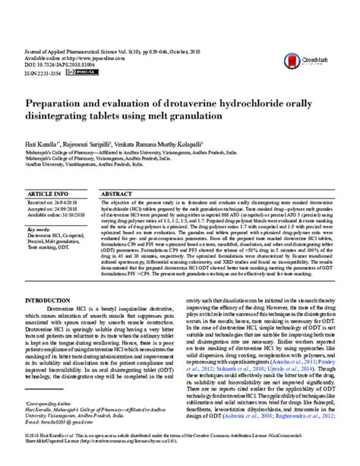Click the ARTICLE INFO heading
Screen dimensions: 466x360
click(x=49, y=195)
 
